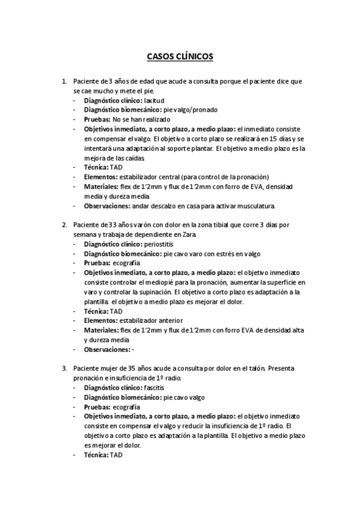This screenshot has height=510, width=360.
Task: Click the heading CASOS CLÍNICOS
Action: click(x=180, y=58)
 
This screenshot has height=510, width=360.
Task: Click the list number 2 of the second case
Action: click(x=64, y=225)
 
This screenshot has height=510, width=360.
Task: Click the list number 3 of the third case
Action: click(x=64, y=368)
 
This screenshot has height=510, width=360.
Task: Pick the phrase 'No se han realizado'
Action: click(x=145, y=120)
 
